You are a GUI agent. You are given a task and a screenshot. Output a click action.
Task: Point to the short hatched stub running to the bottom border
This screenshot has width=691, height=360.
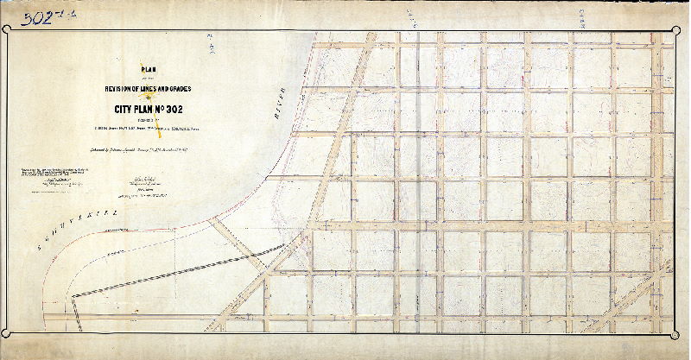(x=77, y=315)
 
